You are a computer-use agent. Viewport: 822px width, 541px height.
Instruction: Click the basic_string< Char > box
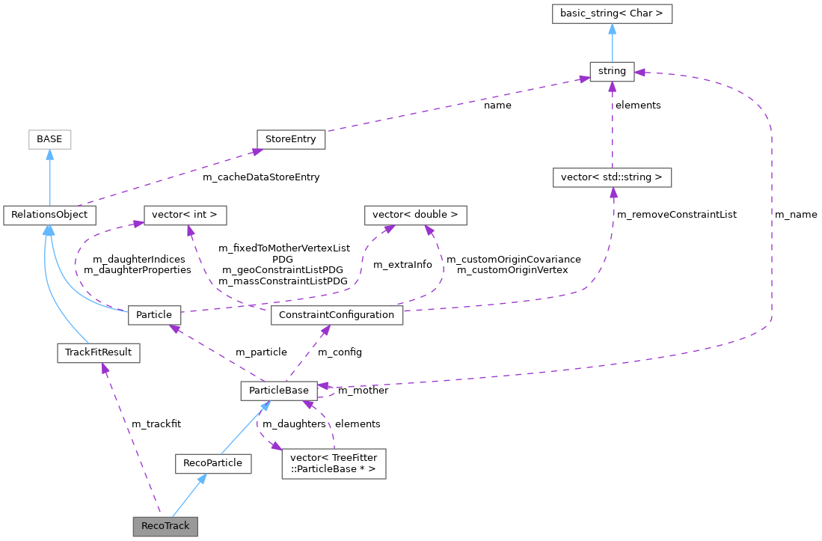(x=612, y=13)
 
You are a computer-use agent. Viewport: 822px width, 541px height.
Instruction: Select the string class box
(x=612, y=72)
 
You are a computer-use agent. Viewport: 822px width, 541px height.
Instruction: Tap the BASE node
(x=49, y=138)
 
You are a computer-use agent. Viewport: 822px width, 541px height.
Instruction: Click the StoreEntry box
(x=291, y=138)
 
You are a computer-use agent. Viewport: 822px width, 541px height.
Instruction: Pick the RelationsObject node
(x=49, y=215)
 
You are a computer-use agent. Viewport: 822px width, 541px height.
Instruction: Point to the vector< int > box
(x=185, y=215)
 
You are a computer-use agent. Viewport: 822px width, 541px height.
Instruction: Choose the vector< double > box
(x=415, y=215)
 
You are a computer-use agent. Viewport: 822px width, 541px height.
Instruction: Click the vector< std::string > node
(x=612, y=177)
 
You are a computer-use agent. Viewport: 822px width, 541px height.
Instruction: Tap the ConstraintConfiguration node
(x=337, y=314)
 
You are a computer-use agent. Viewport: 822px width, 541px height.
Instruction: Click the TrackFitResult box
(x=99, y=352)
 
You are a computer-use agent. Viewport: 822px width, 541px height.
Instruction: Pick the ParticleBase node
(x=279, y=390)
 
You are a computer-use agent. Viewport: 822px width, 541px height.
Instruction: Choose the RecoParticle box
(x=213, y=462)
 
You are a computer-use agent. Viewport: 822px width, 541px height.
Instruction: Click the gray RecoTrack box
(x=165, y=525)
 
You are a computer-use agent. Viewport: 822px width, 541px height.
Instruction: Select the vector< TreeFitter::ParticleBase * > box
(x=334, y=463)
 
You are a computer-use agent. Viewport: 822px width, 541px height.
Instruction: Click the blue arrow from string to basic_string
(x=612, y=43)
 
